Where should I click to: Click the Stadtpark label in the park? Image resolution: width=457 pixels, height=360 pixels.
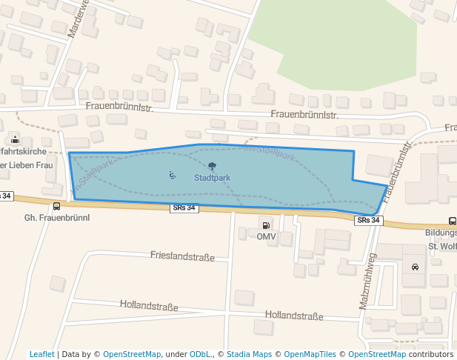coord(212,178)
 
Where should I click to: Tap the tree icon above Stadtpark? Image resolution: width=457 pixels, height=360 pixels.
coord(213,167)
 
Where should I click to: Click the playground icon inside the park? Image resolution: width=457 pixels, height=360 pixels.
coord(172,176)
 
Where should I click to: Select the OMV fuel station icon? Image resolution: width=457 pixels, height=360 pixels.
coord(265,224)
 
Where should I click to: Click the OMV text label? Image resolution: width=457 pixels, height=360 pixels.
coord(266,236)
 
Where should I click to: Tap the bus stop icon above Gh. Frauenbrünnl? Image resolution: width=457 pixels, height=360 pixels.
coord(57,207)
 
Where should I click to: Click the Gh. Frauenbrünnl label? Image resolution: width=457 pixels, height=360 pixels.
coord(57,218)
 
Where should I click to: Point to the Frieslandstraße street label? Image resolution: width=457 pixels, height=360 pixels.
coord(182,257)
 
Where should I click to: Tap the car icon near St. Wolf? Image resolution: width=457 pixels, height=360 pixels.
coord(414,267)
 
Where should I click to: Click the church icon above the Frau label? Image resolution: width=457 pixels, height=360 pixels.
coord(15,139)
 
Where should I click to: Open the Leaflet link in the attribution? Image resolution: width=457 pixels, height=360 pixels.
coord(41,355)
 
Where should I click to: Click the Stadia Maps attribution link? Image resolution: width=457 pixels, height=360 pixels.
coord(249,355)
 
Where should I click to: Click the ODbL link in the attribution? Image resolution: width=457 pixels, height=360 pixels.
coord(201,355)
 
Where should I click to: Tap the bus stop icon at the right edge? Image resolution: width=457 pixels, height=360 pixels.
coord(451,221)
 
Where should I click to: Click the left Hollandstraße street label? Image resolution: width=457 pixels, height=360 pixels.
coord(149,305)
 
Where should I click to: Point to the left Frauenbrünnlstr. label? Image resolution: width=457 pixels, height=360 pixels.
coord(119,107)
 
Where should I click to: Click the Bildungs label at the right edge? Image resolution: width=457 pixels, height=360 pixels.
coord(441,233)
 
